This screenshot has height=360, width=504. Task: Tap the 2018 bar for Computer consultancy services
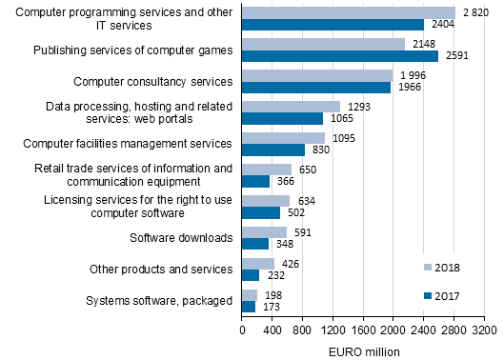pyautogui.click(x=316, y=75)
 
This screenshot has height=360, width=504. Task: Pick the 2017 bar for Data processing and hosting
pyautogui.click(x=282, y=119)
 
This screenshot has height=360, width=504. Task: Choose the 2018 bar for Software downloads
pyautogui.click(x=264, y=231)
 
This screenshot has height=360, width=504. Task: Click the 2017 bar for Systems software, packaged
pyautogui.click(x=249, y=307)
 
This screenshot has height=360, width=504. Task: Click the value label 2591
pyautogui.click(x=455, y=56)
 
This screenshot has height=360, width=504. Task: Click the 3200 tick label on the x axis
pyautogui.click(x=484, y=330)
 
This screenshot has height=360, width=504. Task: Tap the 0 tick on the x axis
pyautogui.click(x=242, y=330)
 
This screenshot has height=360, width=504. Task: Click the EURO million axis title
pyautogui.click(x=363, y=350)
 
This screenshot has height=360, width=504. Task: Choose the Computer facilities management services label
pyautogui.click(x=128, y=144)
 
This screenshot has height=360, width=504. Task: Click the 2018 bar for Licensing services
pyautogui.click(x=266, y=200)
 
